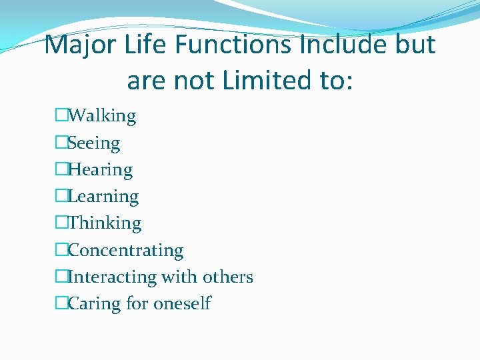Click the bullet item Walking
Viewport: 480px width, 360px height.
coord(102,116)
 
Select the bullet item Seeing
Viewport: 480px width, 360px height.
coord(94,143)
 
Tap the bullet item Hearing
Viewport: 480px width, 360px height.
coord(101,170)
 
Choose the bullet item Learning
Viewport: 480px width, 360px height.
coord(103,197)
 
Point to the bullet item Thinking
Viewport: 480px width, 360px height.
coord(105,223)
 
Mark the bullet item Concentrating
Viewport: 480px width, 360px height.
coord(125,251)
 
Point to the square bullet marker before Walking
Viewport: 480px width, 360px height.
coord(62,116)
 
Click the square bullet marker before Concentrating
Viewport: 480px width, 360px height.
coord(62,251)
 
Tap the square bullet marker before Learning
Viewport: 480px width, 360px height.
coord(62,197)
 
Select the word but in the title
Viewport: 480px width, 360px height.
coord(416,45)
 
